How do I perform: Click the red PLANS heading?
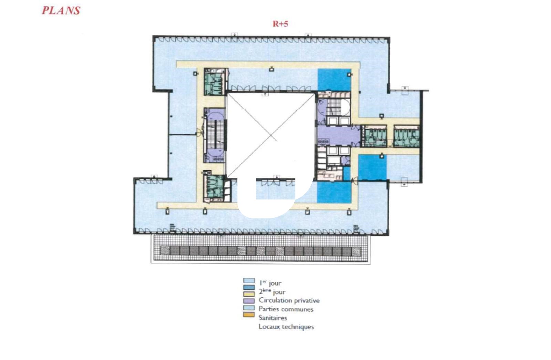click(61, 11)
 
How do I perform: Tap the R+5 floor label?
click(280, 24)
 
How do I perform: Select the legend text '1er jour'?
click(270, 283)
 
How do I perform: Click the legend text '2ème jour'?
click(272, 292)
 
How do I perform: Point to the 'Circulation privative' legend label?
click(289, 300)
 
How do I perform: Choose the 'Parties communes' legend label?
click(286, 309)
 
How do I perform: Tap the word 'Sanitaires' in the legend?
click(273, 318)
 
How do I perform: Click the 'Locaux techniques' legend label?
click(286, 327)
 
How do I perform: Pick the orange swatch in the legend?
click(249, 315)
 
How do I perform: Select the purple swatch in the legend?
click(249, 301)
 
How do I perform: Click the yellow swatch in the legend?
click(249, 294)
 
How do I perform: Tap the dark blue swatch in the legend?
click(249, 287)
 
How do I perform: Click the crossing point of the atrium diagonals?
click(271, 135)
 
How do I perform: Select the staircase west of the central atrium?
click(215, 134)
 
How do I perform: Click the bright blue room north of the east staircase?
click(334, 80)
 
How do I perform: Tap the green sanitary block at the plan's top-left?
click(215, 82)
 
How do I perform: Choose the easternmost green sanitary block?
click(407, 136)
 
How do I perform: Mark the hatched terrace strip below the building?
click(261, 249)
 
